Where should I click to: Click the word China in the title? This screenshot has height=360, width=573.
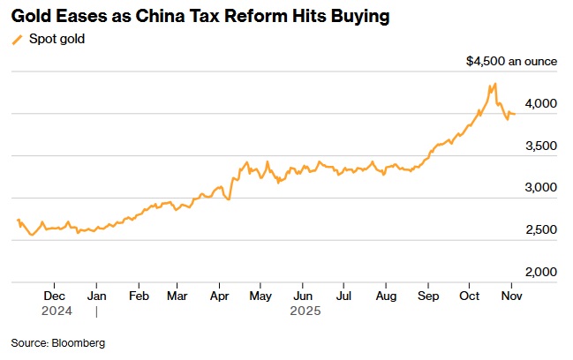tap(162, 17)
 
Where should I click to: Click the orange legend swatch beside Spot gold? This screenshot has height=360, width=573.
tap(17, 40)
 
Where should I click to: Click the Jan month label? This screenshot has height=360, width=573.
tap(96, 296)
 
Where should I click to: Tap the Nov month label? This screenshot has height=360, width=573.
tap(509, 296)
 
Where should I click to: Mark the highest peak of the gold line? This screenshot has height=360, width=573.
tap(495, 84)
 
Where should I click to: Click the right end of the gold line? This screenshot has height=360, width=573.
tap(516, 114)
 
